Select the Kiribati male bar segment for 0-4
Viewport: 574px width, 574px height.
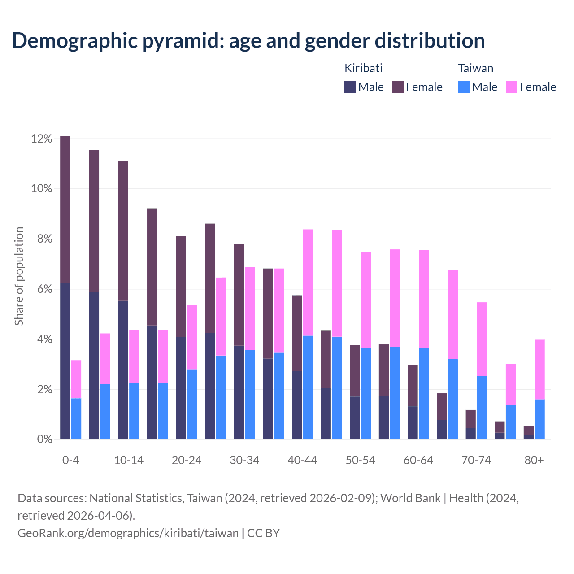pyautogui.click(x=65, y=361)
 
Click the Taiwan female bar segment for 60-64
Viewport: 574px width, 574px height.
pyautogui.click(x=424, y=299)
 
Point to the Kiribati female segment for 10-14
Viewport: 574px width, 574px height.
pyautogui.click(x=123, y=231)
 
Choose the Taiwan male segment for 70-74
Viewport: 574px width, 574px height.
pyautogui.click(x=482, y=408)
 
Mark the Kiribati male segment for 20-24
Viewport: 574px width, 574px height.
pyautogui.click(x=181, y=388)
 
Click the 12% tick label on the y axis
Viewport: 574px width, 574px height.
pyautogui.click(x=42, y=139)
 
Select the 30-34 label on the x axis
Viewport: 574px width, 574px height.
pyautogui.click(x=244, y=461)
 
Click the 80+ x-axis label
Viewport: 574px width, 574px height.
pyautogui.click(x=534, y=461)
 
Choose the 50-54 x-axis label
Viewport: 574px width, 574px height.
pyautogui.click(x=360, y=461)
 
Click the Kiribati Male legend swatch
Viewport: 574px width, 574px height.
pyautogui.click(x=350, y=87)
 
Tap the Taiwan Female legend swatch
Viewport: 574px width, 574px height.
pyautogui.click(x=511, y=87)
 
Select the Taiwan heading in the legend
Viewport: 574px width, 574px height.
pyautogui.click(x=475, y=68)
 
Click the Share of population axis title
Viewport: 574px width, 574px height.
pyautogui.click(x=19, y=276)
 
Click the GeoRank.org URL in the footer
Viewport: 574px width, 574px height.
pyautogui.click(x=128, y=533)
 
